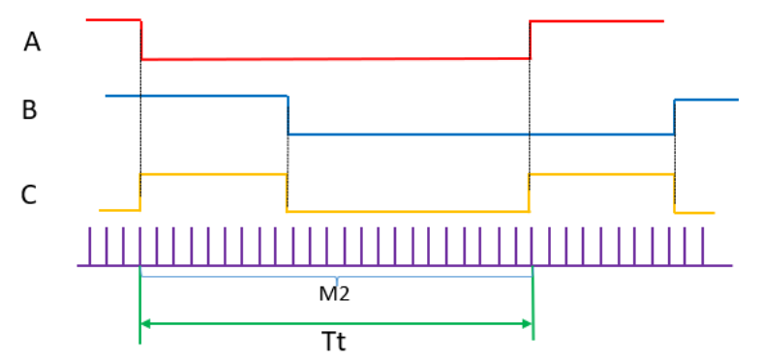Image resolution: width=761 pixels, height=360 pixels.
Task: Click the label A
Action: pyautogui.click(x=33, y=43)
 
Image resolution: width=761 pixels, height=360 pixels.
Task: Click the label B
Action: pyautogui.click(x=30, y=109)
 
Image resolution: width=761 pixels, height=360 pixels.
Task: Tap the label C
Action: pyautogui.click(x=30, y=195)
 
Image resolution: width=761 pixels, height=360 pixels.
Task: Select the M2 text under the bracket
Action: pyautogui.click(x=334, y=293)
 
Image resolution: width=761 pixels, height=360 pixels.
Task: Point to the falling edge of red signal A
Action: pyautogui.click(x=141, y=39)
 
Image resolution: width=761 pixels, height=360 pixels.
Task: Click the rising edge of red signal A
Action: pyautogui.click(x=531, y=39)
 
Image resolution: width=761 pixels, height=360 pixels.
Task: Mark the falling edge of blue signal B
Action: pyautogui.click(x=288, y=115)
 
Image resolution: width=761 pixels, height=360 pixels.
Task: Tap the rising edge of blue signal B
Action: pyautogui.click(x=674, y=116)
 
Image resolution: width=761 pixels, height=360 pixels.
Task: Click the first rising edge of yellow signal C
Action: pyautogui.click(x=140, y=191)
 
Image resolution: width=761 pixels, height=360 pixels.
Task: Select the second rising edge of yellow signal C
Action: pyautogui.click(x=530, y=191)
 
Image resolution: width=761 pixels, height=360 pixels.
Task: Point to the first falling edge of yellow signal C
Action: pyautogui.click(x=287, y=192)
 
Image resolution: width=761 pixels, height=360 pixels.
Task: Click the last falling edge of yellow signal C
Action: pyautogui.click(x=674, y=193)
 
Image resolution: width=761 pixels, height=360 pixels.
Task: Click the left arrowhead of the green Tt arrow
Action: pyautogui.click(x=145, y=322)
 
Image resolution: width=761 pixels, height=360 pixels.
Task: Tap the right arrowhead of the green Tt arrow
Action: pyautogui.click(x=528, y=322)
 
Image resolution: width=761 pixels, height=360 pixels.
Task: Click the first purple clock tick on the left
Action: pyautogui.click(x=90, y=246)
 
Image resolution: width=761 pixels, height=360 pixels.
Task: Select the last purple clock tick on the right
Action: pyautogui.click(x=702, y=246)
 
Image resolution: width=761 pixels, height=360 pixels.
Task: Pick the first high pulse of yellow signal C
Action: pyautogui.click(x=213, y=174)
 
